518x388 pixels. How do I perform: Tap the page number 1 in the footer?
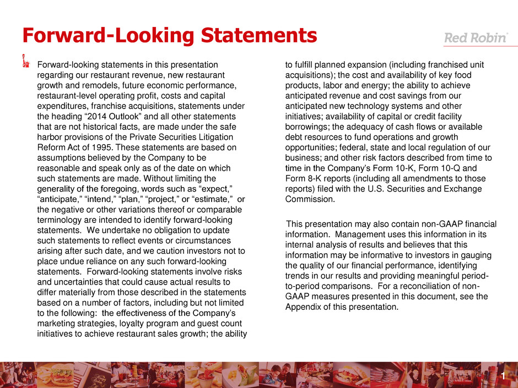(504, 376)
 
